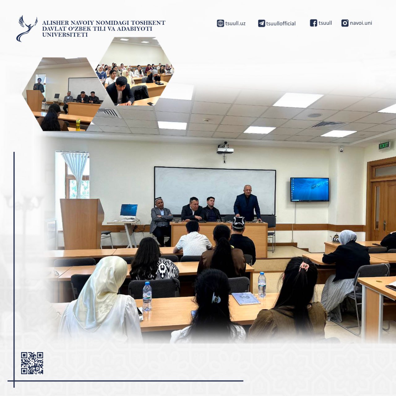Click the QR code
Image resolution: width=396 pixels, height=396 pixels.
tap(32, 363)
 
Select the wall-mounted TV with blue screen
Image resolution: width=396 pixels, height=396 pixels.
tap(310, 189)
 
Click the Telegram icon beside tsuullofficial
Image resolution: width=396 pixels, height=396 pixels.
tap(261, 24)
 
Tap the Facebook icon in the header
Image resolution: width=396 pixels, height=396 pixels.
tap(313, 23)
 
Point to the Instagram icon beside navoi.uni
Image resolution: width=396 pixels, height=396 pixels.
tap(345, 23)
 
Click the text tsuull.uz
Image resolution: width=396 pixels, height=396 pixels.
tap(235, 23)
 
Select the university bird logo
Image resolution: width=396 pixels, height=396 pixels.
tap(27, 28)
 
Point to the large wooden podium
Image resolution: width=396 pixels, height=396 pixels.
tap(82, 224)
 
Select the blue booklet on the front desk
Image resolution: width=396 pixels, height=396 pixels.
tap(246, 298)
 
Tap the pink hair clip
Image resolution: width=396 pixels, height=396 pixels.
tap(304, 267)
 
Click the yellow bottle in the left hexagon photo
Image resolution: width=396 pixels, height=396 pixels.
tap(78, 125)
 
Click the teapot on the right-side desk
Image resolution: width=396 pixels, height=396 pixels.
tap(336, 238)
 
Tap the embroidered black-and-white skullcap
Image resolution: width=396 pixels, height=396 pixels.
tap(239, 222)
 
